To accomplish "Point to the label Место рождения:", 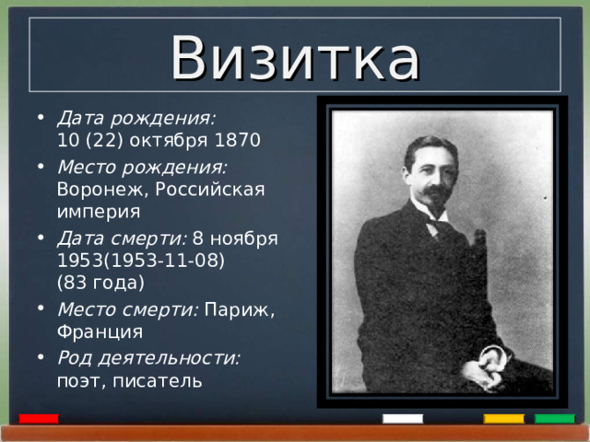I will coord(142,166).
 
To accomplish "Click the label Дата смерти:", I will coord(123,238).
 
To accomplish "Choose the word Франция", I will coord(100,331).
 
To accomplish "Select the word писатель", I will coord(170,380).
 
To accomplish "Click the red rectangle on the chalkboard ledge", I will coord(39,419).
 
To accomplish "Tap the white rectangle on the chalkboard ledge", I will coord(403,419).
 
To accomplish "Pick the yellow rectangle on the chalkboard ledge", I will coord(503,419).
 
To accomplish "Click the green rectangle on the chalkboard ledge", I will coord(554,419).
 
